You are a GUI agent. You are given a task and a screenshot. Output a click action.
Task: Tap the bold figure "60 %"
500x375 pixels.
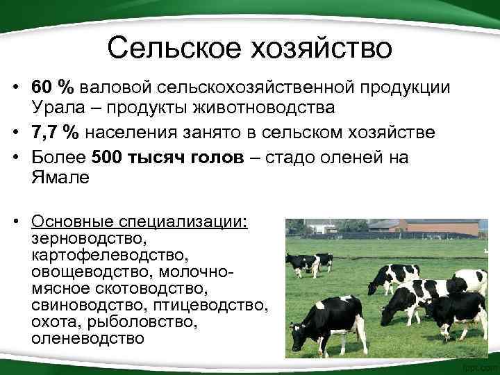[52, 89]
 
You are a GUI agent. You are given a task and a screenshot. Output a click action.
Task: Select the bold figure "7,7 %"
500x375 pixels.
[57, 133]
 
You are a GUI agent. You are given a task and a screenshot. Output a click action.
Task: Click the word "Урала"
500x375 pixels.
[55, 108]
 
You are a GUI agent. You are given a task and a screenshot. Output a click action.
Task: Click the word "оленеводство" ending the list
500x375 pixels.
[88, 339]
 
